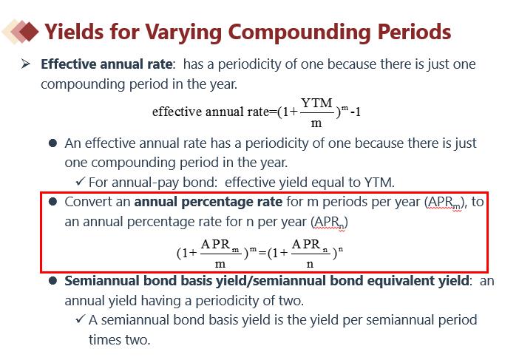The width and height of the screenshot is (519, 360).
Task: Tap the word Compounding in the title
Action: [x=299, y=33]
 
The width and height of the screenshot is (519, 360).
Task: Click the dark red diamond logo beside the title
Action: [x=29, y=32]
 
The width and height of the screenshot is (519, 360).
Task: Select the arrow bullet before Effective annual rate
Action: [x=25, y=64]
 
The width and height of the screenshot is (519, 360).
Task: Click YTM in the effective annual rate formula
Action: [x=316, y=103]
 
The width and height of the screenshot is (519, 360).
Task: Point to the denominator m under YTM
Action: [x=316, y=123]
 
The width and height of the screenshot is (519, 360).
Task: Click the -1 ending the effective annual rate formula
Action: [x=356, y=112]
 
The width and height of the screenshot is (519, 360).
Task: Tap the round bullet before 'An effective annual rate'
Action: [x=52, y=143]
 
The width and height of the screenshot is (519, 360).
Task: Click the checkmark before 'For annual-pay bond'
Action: [x=80, y=181]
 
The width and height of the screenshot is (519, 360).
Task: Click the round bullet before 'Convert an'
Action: [x=52, y=202]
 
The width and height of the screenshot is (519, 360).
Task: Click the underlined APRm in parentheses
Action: [x=444, y=203]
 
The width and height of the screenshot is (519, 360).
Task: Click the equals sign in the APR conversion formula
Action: [x=262, y=253]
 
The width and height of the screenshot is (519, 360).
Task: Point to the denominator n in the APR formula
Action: [x=310, y=264]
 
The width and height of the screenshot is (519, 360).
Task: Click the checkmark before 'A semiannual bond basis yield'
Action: [x=80, y=319]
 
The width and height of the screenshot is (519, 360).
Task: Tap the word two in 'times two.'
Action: [x=138, y=340]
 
